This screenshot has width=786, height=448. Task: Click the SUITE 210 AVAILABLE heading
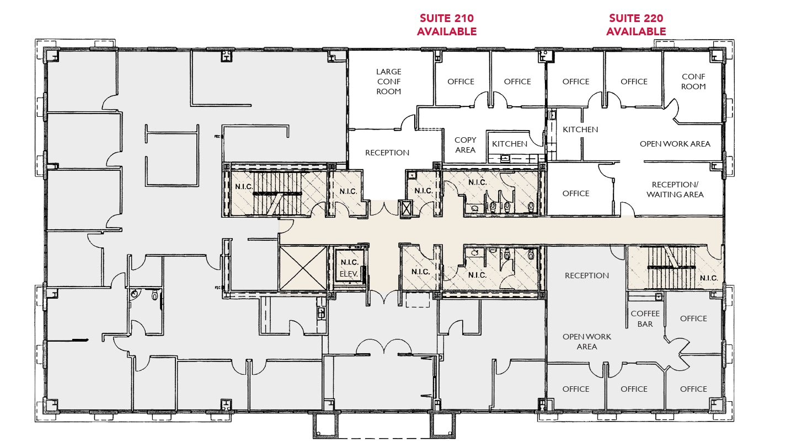point(446,25)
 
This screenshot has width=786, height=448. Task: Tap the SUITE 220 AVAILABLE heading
point(636,25)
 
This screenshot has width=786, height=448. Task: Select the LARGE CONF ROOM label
point(389,82)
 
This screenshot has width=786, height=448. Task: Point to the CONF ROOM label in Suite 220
point(693,82)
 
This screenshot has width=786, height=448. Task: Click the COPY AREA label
point(465,145)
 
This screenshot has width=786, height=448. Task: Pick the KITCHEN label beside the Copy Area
point(510,144)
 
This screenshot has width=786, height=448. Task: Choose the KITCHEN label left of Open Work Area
point(580,129)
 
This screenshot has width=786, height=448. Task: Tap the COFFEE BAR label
point(645,319)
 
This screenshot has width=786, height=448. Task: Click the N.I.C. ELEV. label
point(350,268)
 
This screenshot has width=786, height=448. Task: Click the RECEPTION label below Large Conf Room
point(387,153)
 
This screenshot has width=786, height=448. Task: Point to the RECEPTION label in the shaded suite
point(587,276)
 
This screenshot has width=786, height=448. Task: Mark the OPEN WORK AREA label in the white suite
point(675,144)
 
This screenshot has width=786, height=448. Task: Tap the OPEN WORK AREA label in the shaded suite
point(587,342)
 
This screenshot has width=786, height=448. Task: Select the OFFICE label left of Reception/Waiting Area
point(576,193)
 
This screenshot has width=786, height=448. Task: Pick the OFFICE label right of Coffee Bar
point(693,319)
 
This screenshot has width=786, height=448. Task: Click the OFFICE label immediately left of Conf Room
point(634,82)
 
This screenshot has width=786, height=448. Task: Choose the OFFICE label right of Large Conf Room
point(461,82)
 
